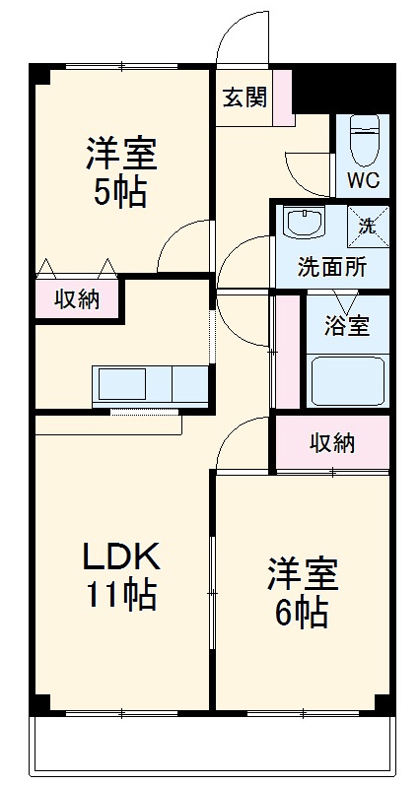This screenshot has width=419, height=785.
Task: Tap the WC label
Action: tap(363, 181)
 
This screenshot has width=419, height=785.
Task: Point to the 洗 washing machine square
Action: tap(367, 225)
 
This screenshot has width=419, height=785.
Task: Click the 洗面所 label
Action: tap(332, 267)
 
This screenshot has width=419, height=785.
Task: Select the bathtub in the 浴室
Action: tap(347, 382)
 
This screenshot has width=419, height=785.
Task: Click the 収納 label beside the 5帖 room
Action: tap(76, 300)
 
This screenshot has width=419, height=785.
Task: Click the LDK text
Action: tap(119, 556)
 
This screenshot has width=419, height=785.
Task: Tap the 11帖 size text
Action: tap(120, 594)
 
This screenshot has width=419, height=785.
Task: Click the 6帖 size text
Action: tap(301, 613)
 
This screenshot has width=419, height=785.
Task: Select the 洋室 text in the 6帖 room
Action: tap(301, 574)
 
